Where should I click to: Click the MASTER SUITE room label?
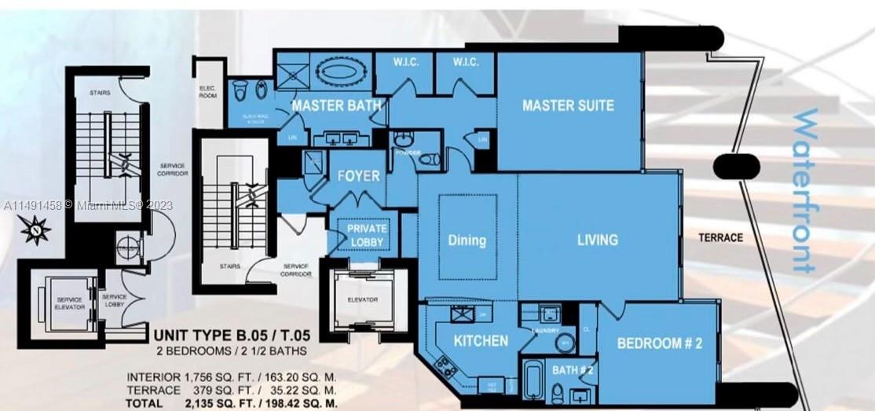click(x=567, y=105)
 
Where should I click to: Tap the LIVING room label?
click(x=597, y=240)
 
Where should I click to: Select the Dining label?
click(x=467, y=240)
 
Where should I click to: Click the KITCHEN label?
click(x=481, y=341)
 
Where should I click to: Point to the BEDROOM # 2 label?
click(x=658, y=343)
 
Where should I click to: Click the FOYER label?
click(x=358, y=176)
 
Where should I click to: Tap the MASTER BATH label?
click(x=337, y=105)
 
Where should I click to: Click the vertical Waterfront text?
click(x=805, y=191)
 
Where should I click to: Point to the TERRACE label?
click(x=720, y=237)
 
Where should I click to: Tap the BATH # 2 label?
click(x=571, y=369)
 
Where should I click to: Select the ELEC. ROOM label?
click(x=208, y=91)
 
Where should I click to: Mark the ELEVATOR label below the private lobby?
click(x=361, y=299)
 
